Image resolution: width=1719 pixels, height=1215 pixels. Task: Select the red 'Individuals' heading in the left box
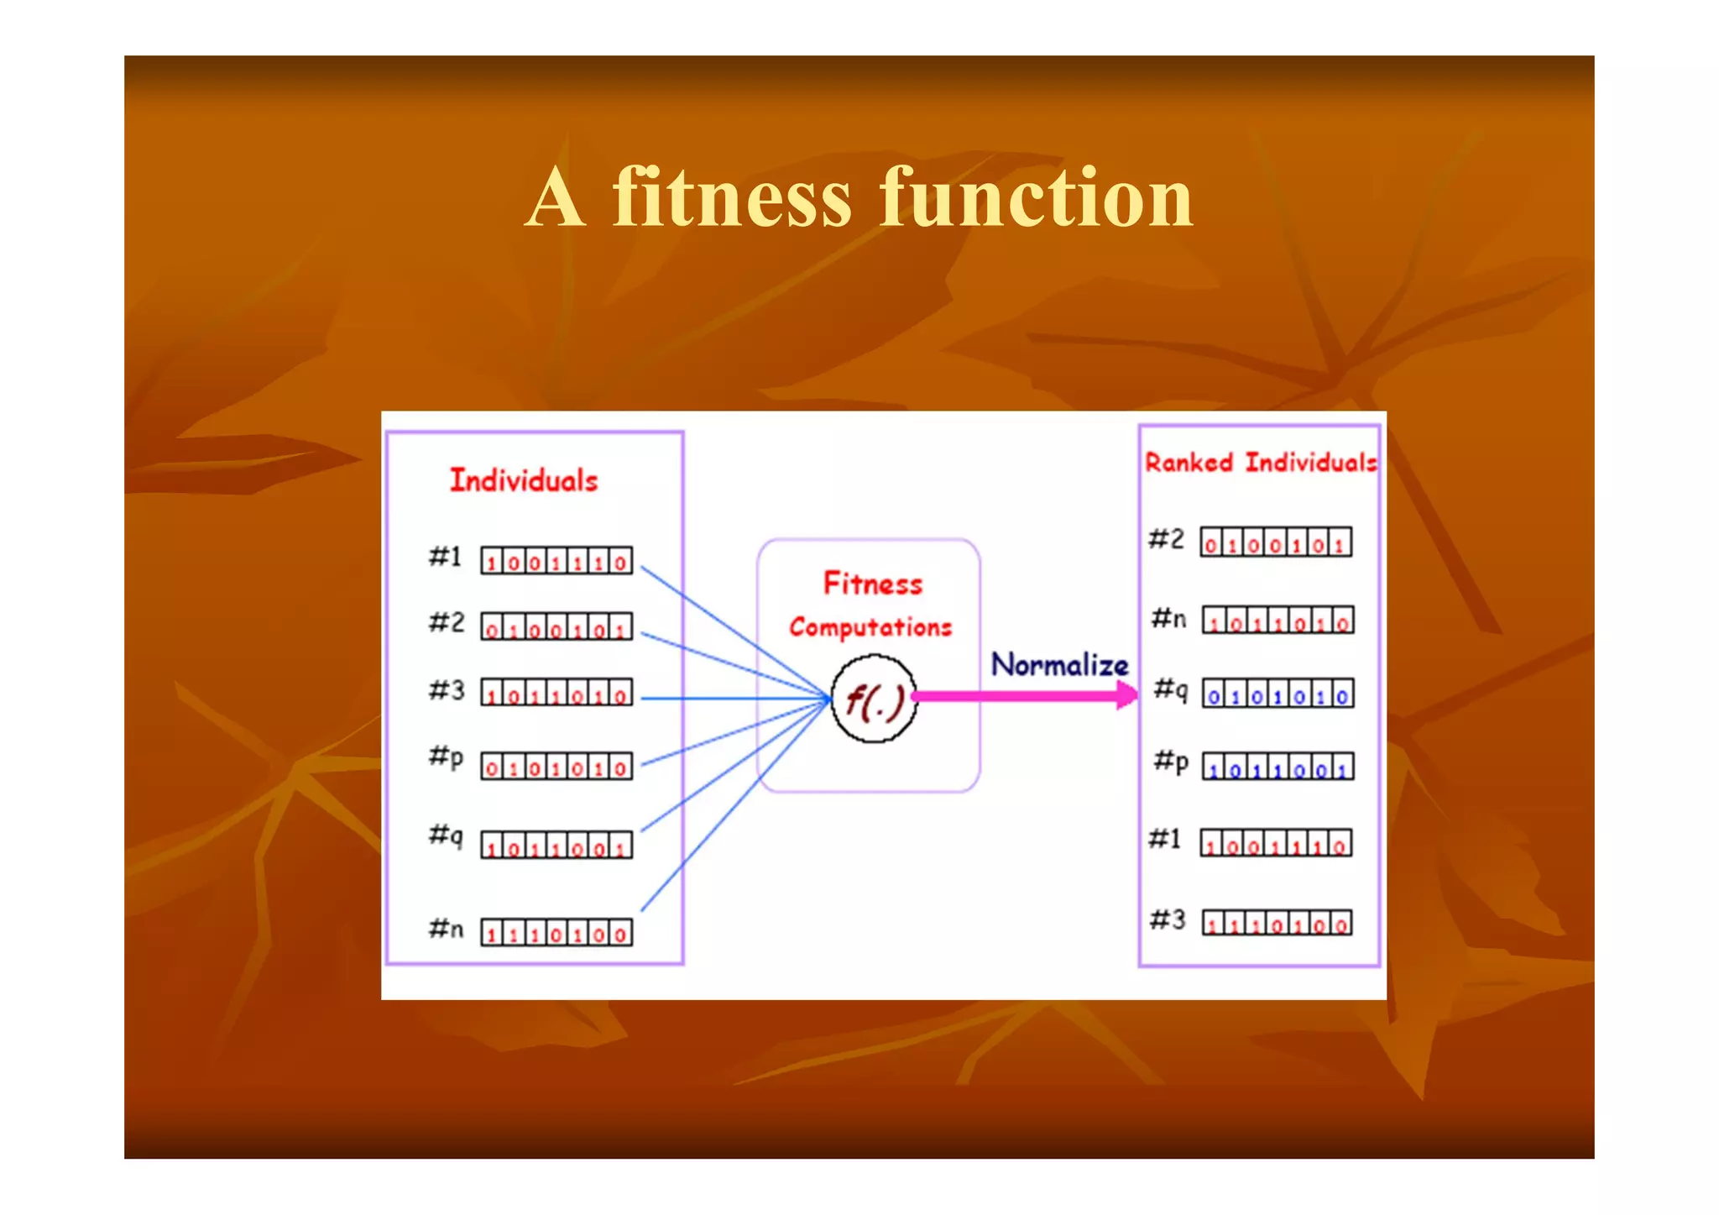coord(524,480)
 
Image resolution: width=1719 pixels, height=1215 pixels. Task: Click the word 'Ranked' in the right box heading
coord(1189,463)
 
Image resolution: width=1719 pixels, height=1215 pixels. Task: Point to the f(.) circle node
coord(874,699)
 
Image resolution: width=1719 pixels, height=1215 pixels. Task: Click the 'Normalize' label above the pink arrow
coord(1059,665)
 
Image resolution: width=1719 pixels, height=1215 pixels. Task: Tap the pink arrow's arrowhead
coord(1126,694)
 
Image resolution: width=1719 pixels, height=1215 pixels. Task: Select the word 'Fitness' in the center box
coord(872,584)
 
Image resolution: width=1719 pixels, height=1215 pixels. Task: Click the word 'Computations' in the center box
coord(870,627)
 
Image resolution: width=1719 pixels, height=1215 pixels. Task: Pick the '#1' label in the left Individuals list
coord(446,557)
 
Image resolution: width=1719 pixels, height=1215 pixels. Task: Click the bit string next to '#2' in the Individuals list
coord(556,627)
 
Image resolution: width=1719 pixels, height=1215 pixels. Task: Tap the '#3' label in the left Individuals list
coord(447,690)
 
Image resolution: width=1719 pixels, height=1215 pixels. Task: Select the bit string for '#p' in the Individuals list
coord(556,767)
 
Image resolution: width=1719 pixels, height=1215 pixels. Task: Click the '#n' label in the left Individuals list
coord(446,929)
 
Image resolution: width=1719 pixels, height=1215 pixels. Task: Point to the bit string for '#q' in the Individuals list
coord(556,846)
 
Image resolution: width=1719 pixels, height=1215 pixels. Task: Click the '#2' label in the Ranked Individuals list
coord(1166,539)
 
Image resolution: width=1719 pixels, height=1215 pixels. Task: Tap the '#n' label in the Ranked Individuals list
coord(1168,620)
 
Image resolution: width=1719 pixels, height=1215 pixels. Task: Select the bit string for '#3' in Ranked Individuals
coord(1277,924)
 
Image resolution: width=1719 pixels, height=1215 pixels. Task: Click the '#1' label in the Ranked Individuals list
coord(1165,839)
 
